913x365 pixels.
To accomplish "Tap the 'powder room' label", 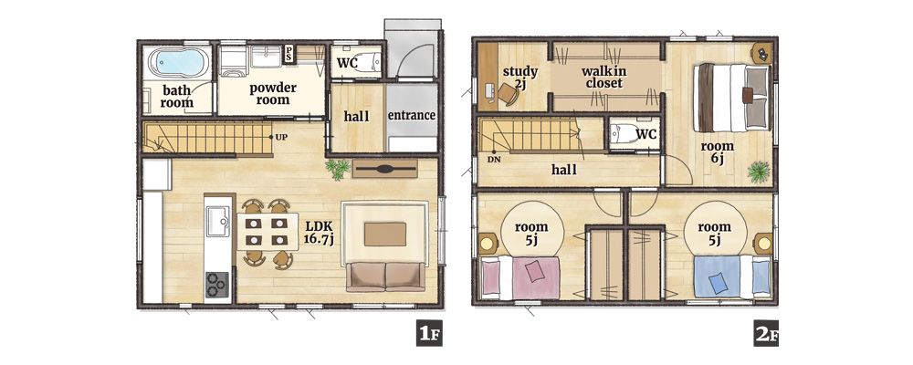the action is pyautogui.click(x=272, y=94).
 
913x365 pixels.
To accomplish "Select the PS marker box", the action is pyautogui.click(x=289, y=54).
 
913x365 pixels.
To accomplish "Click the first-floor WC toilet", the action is pyautogui.click(x=367, y=61).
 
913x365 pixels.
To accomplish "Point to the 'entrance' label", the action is pyautogui.click(x=412, y=115).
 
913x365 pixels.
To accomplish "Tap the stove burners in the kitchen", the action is pyautogui.click(x=217, y=286).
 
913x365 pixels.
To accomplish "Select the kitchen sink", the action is pyautogui.click(x=218, y=221).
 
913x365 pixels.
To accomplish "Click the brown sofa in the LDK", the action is pyautogui.click(x=385, y=276).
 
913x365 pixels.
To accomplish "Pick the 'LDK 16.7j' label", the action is pyautogui.click(x=319, y=233).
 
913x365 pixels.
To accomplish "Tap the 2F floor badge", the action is pyautogui.click(x=766, y=334).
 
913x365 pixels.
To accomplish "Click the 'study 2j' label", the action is pyautogui.click(x=520, y=78).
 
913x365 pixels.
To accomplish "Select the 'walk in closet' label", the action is pyautogui.click(x=604, y=78).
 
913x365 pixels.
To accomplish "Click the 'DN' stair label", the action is pyautogui.click(x=494, y=159).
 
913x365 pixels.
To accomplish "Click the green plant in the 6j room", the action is pyautogui.click(x=759, y=172).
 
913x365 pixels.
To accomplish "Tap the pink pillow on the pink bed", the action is pyautogui.click(x=534, y=271).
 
